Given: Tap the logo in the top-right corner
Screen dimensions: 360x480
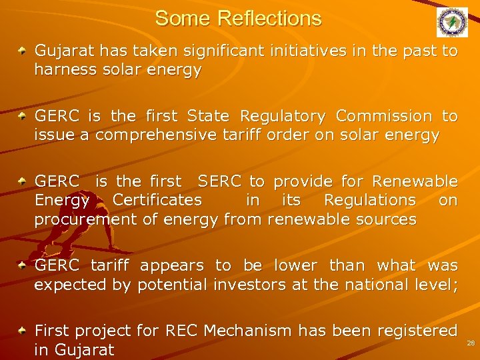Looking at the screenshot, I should point(452,22).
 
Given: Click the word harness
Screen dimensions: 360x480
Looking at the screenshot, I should point(63,70).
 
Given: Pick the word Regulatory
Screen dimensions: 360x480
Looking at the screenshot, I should point(282,116).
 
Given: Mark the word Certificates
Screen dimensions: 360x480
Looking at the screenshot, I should point(157,200).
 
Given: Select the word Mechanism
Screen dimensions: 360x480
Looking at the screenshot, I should point(248,331).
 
